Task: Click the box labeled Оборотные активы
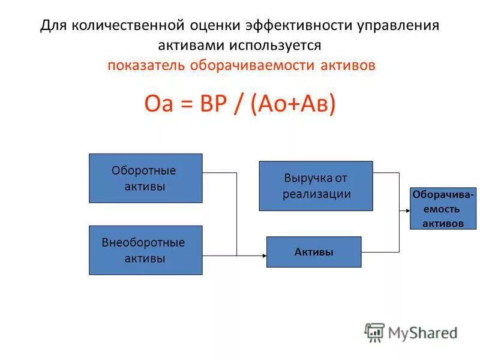tap(145, 178)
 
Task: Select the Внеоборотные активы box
tap(145, 250)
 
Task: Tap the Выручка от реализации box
tap(316, 186)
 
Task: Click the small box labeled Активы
tap(314, 252)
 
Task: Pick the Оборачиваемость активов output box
tap(443, 209)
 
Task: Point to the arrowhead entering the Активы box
tap(263, 256)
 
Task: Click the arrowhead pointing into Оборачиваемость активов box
tap(407, 211)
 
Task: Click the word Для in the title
tap(54, 26)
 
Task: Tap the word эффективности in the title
tap(286, 26)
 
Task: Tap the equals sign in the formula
tap(185, 104)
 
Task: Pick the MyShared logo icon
tap(374, 332)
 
